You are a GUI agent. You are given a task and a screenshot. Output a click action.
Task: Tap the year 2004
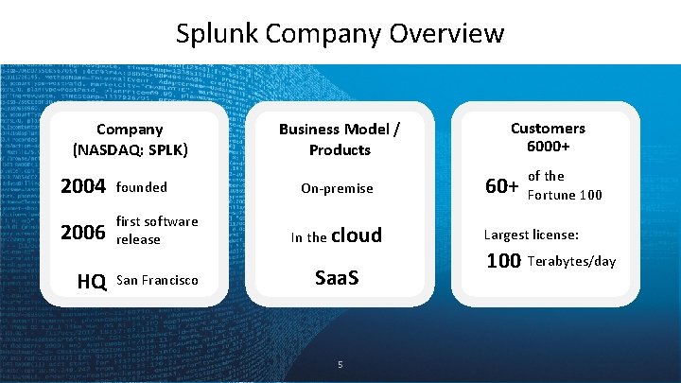(81, 187)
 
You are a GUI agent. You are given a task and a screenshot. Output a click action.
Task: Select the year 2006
(81, 232)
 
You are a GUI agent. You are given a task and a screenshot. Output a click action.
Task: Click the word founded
(141, 187)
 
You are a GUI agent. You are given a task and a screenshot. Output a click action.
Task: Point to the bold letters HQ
(91, 281)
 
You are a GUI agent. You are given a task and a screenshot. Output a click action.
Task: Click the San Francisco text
(157, 281)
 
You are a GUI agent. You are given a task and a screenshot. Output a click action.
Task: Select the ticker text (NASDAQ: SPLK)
(131, 149)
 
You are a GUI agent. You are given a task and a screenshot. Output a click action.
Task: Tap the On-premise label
(337, 188)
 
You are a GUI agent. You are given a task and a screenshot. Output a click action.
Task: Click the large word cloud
(357, 235)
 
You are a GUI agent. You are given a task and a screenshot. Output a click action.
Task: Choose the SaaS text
(337, 280)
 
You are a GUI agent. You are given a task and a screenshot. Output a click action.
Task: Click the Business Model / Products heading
(338, 139)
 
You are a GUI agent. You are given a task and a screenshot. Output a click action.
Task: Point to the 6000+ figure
(548, 148)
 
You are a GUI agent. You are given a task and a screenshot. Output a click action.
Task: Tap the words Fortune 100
(565, 196)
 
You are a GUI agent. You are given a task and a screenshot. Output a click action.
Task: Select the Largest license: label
(531, 235)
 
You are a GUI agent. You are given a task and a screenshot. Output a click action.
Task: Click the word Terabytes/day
(571, 261)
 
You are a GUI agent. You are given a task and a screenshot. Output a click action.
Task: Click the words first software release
(157, 231)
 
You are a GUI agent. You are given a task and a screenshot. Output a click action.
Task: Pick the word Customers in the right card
(548, 128)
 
